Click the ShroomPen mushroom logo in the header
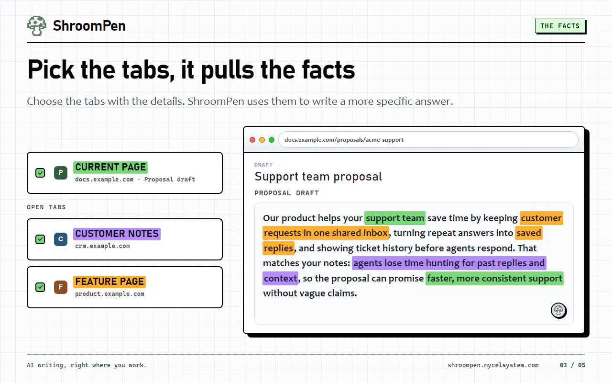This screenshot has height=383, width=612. pyautogui.click(x=37, y=26)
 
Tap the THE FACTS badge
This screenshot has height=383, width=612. pyautogui.click(x=560, y=26)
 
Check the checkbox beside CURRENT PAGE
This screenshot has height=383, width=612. pyautogui.click(x=40, y=173)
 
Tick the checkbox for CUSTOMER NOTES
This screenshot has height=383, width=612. pyautogui.click(x=40, y=239)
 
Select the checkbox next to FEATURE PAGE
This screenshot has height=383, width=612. pyautogui.click(x=40, y=287)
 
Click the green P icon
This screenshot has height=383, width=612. pyautogui.click(x=61, y=173)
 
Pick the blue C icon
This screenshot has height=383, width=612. pyautogui.click(x=61, y=239)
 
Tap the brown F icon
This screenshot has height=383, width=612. pyautogui.click(x=61, y=287)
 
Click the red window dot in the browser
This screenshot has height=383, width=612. pyautogui.click(x=252, y=140)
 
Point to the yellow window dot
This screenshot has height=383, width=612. pyautogui.click(x=262, y=140)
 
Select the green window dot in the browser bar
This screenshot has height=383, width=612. pyautogui.click(x=272, y=140)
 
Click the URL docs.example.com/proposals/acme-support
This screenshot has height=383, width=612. pyautogui.click(x=344, y=140)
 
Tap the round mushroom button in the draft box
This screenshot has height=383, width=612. pyautogui.click(x=558, y=311)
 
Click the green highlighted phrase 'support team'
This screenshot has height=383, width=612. pyautogui.click(x=395, y=218)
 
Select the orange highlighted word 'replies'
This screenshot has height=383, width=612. pyautogui.click(x=278, y=248)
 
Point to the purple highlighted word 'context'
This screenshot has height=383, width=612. pyautogui.click(x=280, y=278)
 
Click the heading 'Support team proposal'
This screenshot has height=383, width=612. pyautogui.click(x=318, y=177)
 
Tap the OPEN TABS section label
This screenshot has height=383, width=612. pyautogui.click(x=46, y=207)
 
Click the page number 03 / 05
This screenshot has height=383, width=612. pyautogui.click(x=572, y=365)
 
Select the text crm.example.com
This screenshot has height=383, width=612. pyautogui.click(x=102, y=246)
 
